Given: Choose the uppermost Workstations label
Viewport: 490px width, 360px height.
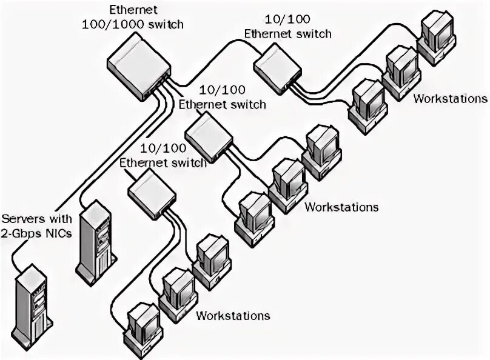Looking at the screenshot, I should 450,98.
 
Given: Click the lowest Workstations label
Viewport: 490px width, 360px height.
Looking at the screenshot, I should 233,316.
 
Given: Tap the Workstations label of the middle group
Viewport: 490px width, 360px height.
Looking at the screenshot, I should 341,207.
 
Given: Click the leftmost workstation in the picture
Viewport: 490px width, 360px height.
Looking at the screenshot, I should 141,324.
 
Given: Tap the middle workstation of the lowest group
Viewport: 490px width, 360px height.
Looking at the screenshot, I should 177,288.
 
